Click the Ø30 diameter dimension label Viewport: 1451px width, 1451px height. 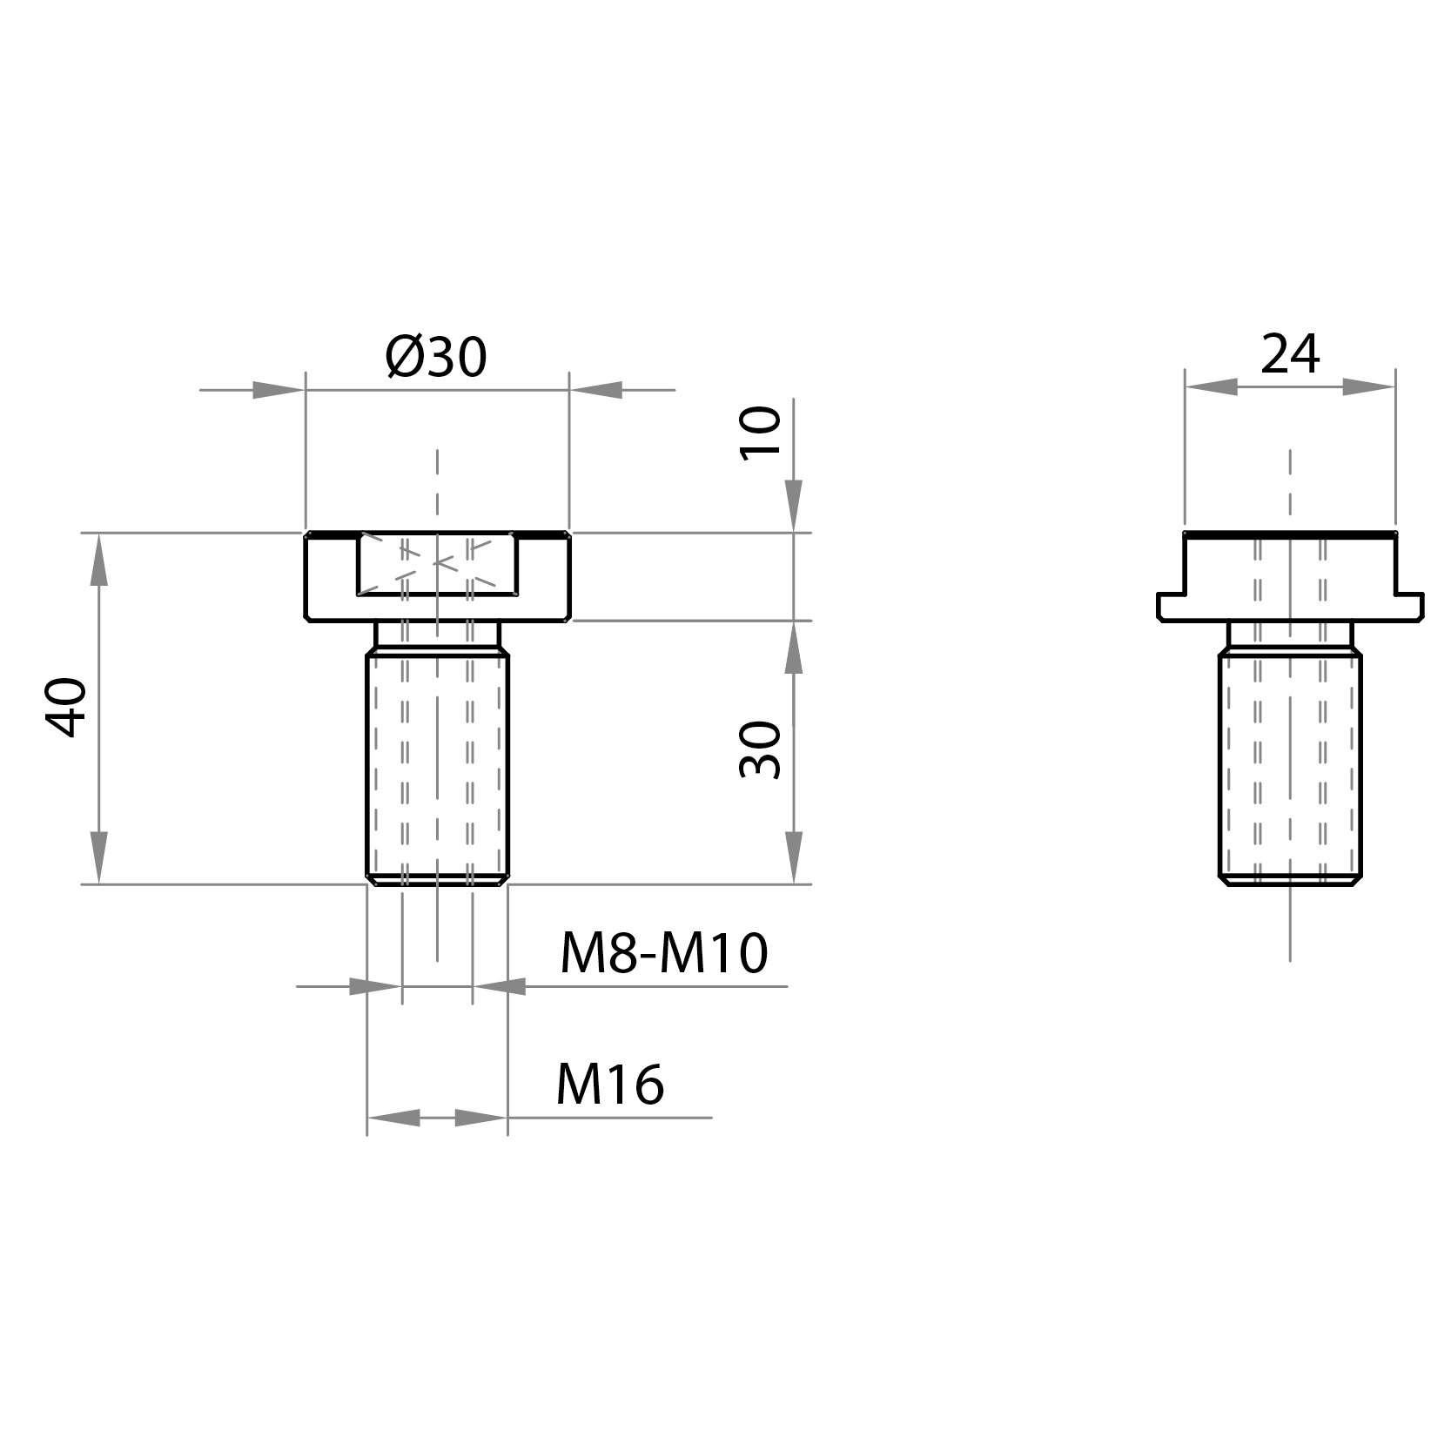pyautogui.click(x=436, y=357)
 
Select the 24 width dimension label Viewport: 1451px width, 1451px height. pyautogui.click(x=1290, y=353)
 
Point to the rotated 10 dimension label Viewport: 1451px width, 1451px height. pyautogui.click(x=760, y=433)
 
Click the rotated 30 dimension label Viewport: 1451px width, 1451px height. pyautogui.click(x=760, y=749)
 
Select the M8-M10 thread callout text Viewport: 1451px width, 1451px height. pyautogui.click(x=663, y=953)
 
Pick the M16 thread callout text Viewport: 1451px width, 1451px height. pyautogui.click(x=610, y=1085)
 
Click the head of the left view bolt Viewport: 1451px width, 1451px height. pyautogui.click(x=331, y=576)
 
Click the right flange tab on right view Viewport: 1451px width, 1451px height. pyautogui.click(x=1409, y=606)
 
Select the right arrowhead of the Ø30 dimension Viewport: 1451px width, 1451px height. pyautogui.click(x=597, y=390)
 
